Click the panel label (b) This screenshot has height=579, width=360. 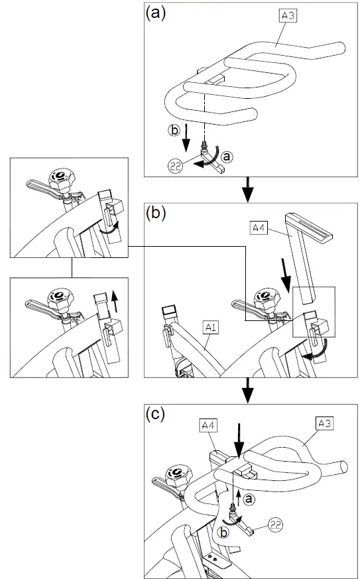156,214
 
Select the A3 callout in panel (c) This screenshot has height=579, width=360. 324,422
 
